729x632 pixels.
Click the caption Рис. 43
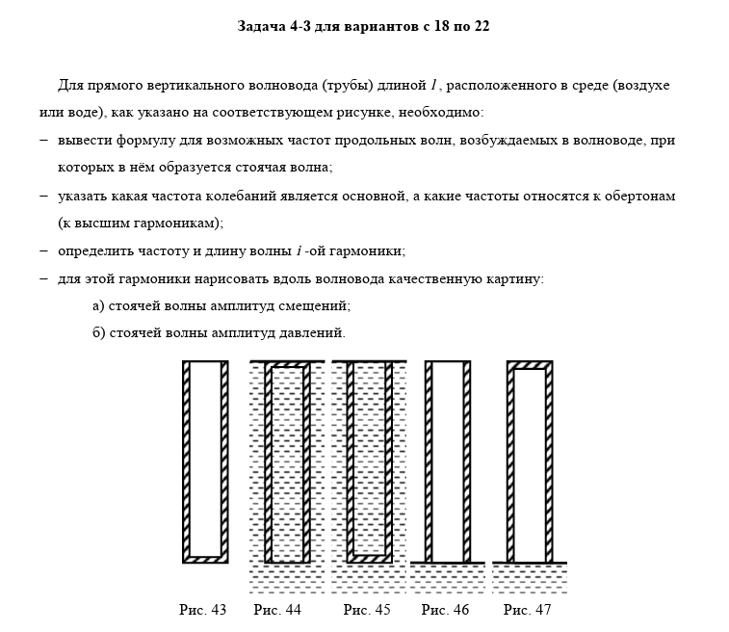(x=202, y=609)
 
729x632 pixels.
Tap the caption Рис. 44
(x=277, y=609)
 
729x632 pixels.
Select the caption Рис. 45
(x=367, y=609)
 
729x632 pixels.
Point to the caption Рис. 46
(x=446, y=609)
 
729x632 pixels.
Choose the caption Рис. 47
(x=528, y=609)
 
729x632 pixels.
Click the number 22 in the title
(x=481, y=27)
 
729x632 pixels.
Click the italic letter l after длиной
(x=434, y=85)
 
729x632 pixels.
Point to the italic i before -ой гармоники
(x=299, y=251)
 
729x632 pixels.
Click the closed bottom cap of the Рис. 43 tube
(x=205, y=559)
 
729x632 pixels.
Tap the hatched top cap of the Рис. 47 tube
(x=530, y=365)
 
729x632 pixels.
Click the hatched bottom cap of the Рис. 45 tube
(x=369, y=558)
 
